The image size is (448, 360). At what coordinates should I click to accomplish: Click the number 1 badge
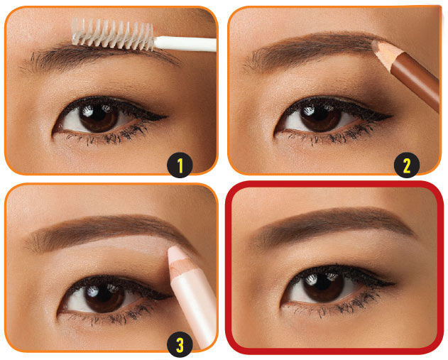pos(180,165)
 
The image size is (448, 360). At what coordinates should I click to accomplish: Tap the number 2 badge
pos(407,165)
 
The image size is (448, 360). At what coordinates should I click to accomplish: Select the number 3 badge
pos(180,344)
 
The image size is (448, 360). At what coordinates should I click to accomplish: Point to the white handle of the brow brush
pos(185,44)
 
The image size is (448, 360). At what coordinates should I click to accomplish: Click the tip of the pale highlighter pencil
pos(171,251)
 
